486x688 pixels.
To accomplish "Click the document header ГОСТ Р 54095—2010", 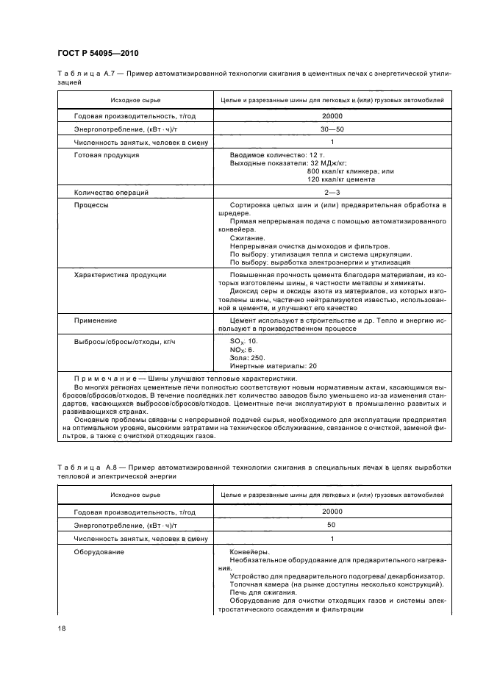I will (x=97, y=54).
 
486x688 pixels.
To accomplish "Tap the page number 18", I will (x=62, y=628).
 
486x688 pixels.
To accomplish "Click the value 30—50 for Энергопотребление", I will (x=332, y=129).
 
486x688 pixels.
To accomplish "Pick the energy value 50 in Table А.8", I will (x=332, y=525).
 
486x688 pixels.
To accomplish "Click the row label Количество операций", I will (x=111, y=192).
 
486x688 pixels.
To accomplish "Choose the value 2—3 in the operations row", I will (x=332, y=192).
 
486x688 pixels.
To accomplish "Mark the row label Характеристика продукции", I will (x=120, y=274).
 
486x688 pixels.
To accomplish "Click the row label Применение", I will (x=96, y=320).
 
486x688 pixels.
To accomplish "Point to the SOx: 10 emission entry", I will (x=244, y=342).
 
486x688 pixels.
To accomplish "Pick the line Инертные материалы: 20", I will (x=274, y=366).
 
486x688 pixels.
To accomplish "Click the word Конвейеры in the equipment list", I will (x=250, y=552).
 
